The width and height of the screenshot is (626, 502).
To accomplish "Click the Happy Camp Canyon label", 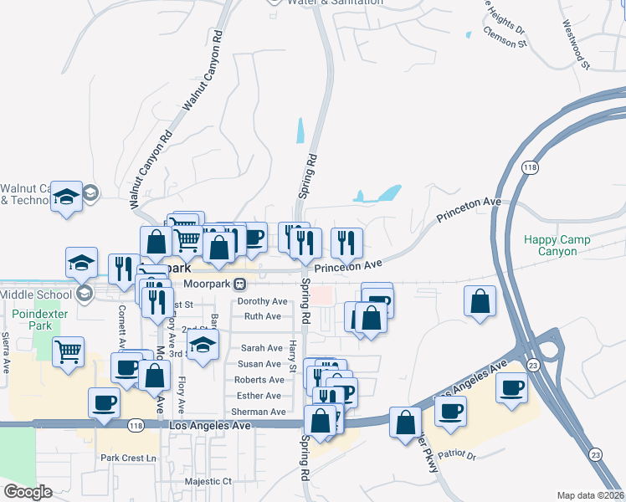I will [557, 245].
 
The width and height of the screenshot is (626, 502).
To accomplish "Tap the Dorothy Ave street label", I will [262, 301].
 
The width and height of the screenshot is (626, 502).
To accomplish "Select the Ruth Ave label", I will [262, 316].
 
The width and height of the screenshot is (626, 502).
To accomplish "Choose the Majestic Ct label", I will [208, 481].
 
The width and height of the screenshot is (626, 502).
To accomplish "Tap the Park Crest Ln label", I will [128, 458].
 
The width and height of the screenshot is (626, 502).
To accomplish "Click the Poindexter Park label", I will [32, 319].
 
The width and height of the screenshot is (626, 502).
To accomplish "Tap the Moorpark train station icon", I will [239, 284].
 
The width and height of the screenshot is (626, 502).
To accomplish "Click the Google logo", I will [28, 492].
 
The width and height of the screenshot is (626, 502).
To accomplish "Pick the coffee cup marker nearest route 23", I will [511, 388].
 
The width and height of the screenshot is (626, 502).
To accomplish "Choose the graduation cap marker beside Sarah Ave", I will [202, 346].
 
